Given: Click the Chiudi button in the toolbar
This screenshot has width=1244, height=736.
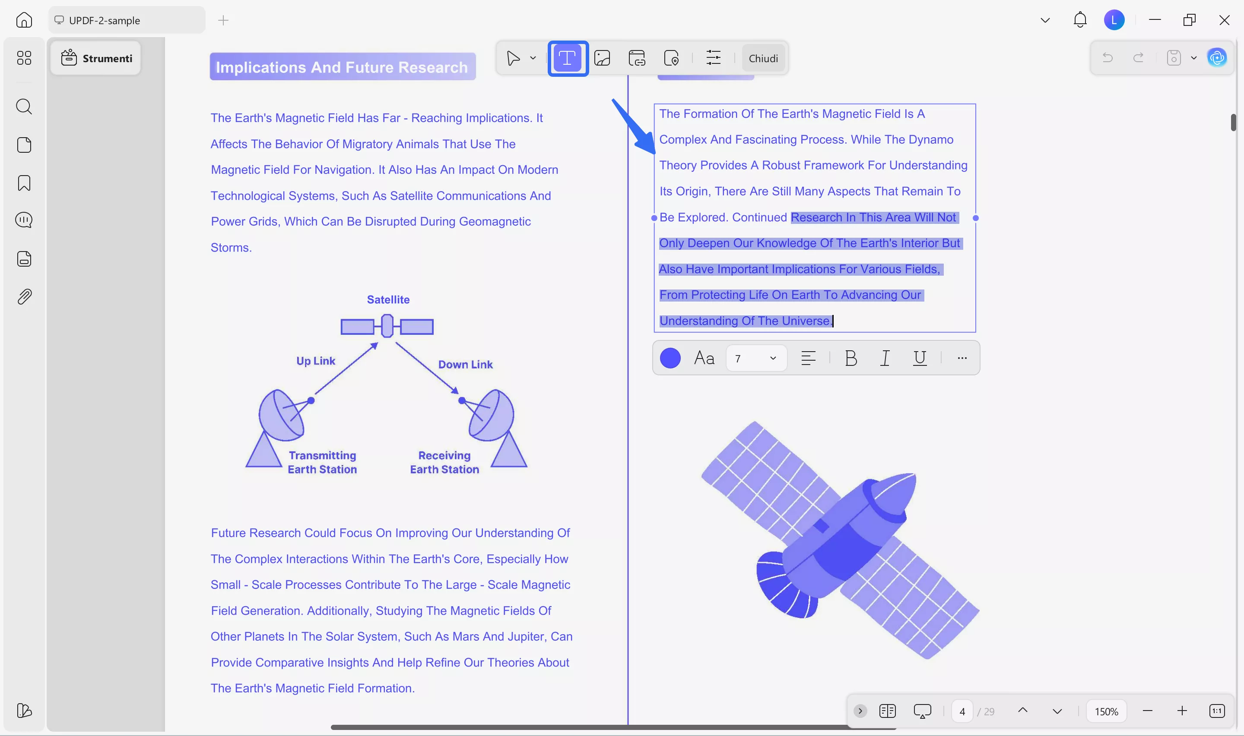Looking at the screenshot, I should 763,59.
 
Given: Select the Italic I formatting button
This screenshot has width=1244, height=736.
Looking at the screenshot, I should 885,358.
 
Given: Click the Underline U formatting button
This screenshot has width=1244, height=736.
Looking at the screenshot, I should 919,358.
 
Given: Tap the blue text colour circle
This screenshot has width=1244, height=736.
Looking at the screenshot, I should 670,358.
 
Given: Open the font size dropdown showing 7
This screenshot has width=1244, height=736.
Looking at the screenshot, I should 756,358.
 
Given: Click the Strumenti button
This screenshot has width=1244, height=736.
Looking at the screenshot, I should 96,59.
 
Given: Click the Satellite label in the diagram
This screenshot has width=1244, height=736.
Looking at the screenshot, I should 388,299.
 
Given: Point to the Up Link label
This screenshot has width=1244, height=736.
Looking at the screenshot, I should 316,361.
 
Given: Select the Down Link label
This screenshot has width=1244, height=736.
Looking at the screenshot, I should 465,365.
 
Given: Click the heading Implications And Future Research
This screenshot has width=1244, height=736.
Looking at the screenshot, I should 342,67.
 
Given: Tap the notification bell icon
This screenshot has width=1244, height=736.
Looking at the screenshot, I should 1080,20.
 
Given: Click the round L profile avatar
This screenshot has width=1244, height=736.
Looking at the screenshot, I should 1114,20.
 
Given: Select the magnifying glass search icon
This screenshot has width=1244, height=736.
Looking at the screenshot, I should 24,107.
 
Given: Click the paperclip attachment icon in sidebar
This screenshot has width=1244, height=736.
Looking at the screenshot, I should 24,296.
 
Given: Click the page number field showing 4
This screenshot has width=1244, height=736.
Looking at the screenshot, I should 962,712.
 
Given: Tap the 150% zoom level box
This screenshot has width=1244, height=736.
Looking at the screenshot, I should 1106,712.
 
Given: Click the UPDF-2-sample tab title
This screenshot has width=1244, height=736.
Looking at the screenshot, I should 105,20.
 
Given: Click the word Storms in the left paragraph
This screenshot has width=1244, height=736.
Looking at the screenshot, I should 230,248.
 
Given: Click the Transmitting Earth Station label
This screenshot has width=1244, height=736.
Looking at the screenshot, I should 322,462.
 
